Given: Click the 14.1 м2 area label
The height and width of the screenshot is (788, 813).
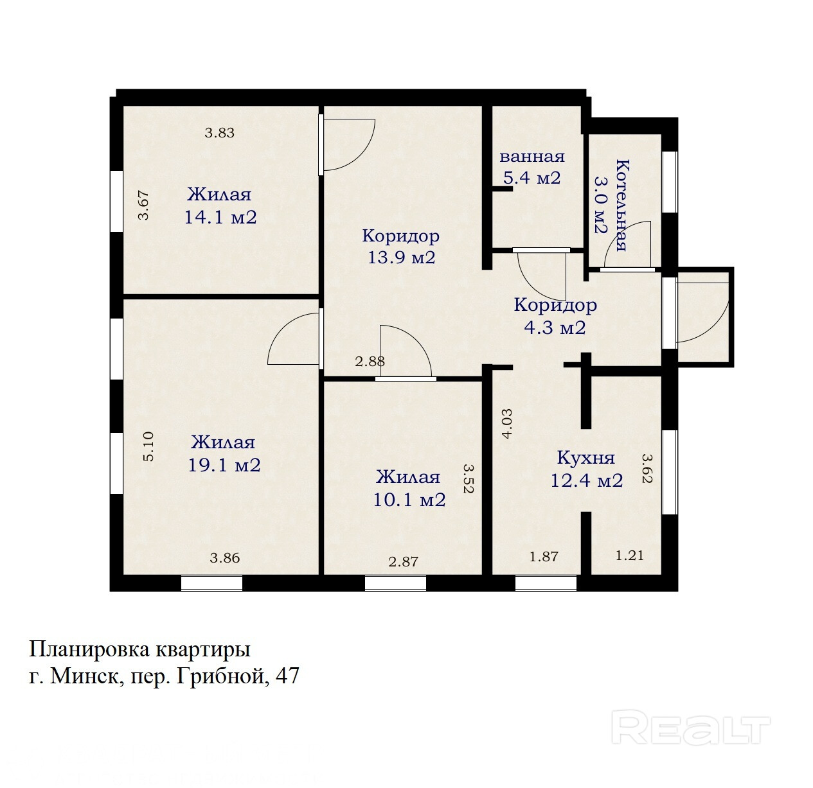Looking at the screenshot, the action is pyautogui.click(x=220, y=218).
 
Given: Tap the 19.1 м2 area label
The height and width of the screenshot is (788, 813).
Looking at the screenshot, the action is pyautogui.click(x=224, y=465).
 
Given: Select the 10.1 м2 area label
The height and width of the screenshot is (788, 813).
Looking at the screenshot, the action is pyautogui.click(x=409, y=500).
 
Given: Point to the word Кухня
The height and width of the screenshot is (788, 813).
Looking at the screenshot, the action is pyautogui.click(x=585, y=459).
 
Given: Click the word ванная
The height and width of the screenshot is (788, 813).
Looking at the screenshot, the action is pyautogui.click(x=532, y=157).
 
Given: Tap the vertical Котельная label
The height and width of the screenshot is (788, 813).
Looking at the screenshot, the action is pyautogui.click(x=621, y=205).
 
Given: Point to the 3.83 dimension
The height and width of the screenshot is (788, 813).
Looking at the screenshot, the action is pyautogui.click(x=219, y=133).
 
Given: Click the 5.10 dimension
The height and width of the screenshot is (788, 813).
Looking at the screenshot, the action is pyautogui.click(x=148, y=446).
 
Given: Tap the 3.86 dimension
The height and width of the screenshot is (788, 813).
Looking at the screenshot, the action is pyautogui.click(x=225, y=558).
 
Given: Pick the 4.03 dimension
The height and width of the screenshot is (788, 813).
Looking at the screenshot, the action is pyautogui.click(x=507, y=424).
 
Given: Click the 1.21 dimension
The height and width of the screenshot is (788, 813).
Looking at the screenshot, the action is pyautogui.click(x=630, y=555).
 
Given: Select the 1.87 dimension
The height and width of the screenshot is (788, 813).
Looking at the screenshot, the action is pyautogui.click(x=544, y=556).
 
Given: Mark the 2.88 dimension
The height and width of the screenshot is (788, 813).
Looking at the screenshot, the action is pyautogui.click(x=370, y=362).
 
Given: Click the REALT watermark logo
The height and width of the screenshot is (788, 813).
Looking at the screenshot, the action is pyautogui.click(x=691, y=727).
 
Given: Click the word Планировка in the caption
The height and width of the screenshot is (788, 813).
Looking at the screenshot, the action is pyautogui.click(x=90, y=650).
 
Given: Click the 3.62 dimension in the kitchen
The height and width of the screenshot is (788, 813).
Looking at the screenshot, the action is pyautogui.click(x=647, y=469).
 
